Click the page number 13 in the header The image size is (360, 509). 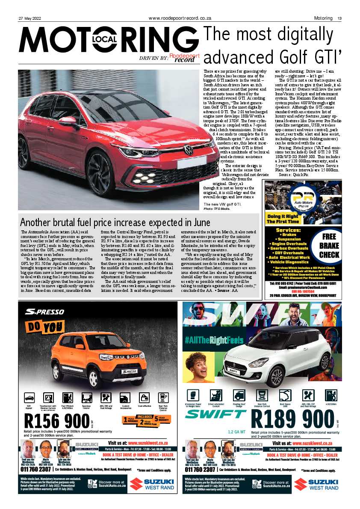point(339,18)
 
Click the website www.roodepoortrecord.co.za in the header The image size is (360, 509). point(180,18)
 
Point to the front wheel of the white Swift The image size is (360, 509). point(277,377)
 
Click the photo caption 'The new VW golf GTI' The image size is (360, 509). point(225,204)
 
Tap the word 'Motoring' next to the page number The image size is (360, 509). point(323,18)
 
